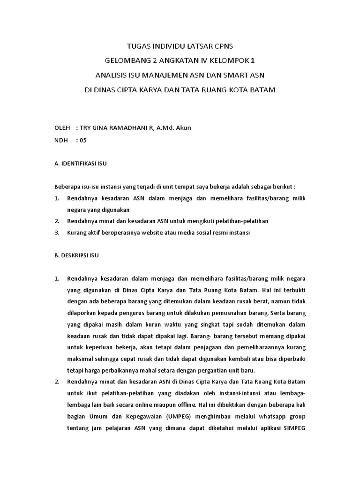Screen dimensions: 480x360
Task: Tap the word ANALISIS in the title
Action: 111,75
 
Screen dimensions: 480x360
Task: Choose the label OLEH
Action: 62,127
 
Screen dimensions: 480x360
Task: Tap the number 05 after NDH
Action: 83,140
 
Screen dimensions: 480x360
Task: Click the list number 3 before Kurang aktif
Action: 56,232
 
